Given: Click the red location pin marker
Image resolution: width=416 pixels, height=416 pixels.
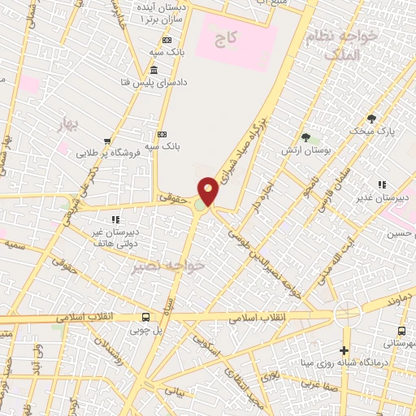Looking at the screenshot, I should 209,192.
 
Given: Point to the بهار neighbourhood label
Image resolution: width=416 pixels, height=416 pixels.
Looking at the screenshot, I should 73,123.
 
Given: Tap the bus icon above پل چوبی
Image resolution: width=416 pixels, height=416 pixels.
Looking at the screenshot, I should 145,317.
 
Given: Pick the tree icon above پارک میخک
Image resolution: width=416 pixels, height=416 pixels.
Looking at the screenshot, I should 372,118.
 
